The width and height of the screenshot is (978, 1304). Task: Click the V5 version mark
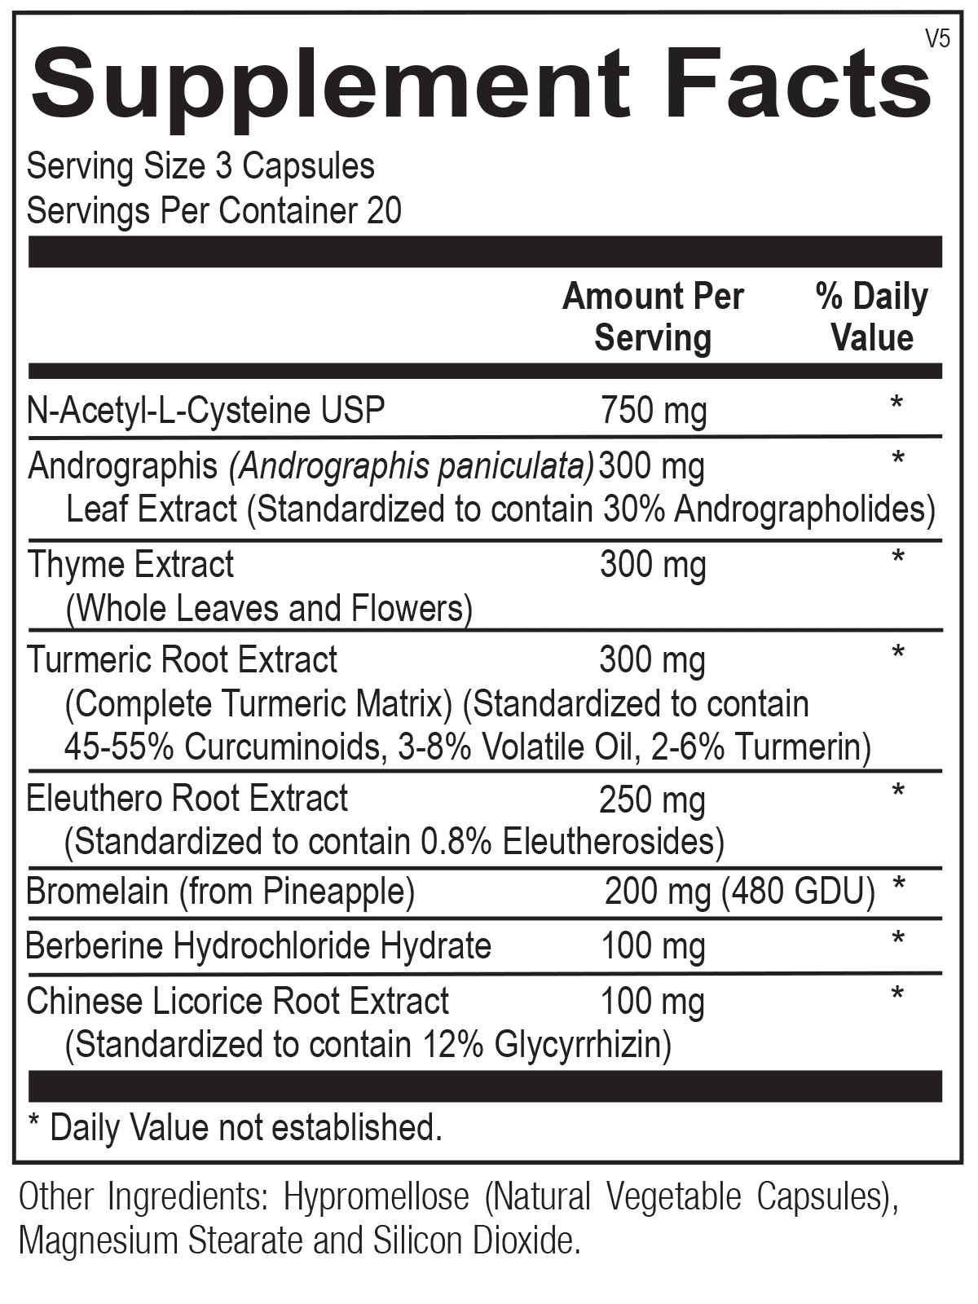(x=939, y=38)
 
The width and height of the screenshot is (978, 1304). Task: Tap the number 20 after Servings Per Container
(x=385, y=211)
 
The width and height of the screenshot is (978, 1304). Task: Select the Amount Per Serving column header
(x=653, y=317)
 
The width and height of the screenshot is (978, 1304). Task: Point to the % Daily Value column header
(x=871, y=317)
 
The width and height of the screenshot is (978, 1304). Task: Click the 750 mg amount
(x=654, y=410)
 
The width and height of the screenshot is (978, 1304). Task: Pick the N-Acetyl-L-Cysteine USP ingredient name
(x=205, y=410)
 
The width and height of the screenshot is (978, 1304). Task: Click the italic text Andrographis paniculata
(x=412, y=466)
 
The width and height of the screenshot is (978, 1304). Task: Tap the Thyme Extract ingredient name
(x=130, y=564)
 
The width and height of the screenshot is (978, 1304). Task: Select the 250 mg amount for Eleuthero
(x=652, y=800)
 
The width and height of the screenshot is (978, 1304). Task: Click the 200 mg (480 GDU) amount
(x=739, y=892)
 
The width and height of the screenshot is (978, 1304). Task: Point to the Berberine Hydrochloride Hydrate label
(x=258, y=946)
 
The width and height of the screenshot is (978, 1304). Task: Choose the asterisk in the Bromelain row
(x=899, y=885)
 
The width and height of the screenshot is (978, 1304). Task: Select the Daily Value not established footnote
(x=235, y=1128)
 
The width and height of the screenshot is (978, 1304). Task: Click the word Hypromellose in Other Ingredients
(x=376, y=1197)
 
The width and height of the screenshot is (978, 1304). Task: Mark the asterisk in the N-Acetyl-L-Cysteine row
(x=896, y=403)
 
